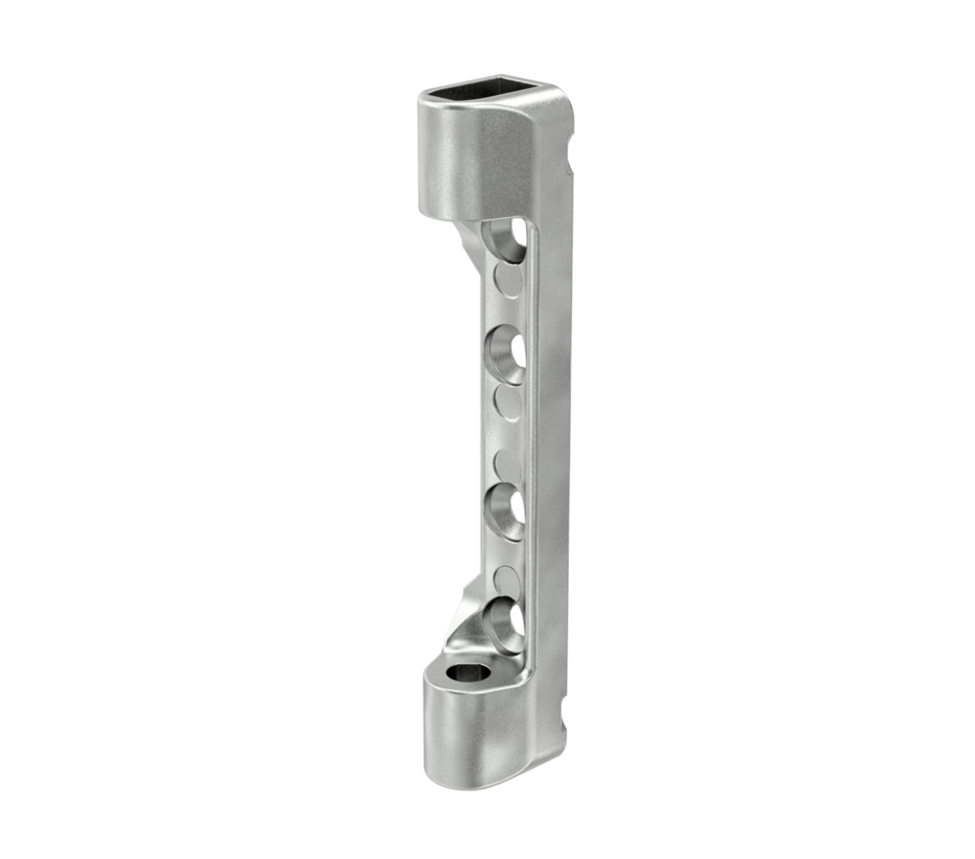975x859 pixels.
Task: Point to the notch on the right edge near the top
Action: pyautogui.click(x=573, y=151)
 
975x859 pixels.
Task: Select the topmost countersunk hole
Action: pyautogui.click(x=505, y=239)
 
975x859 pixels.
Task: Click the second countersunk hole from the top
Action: pyautogui.click(x=505, y=355)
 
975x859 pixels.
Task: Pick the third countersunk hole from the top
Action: pyautogui.click(x=505, y=509)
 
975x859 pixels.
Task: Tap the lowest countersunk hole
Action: pyautogui.click(x=505, y=623)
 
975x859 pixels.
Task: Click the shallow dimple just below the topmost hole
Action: pyautogui.click(x=508, y=281)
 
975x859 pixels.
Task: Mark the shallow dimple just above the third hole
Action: pyautogui.click(x=508, y=462)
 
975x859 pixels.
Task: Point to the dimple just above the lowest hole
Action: pyautogui.click(x=508, y=580)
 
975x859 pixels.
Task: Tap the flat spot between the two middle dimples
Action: pyautogui.click(x=508, y=432)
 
